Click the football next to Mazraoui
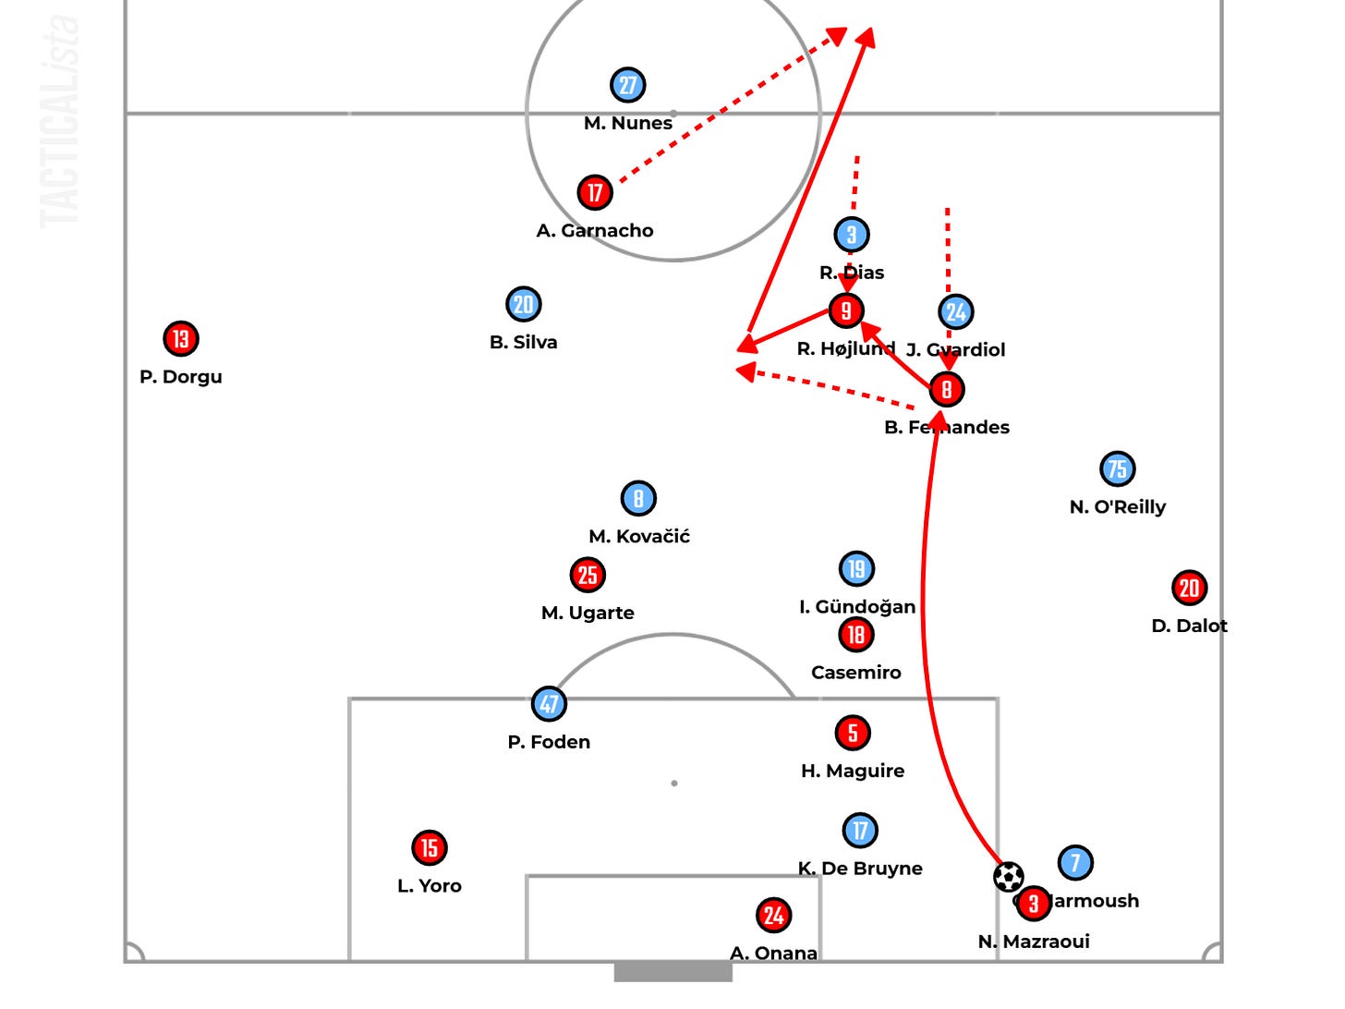[x=1009, y=876]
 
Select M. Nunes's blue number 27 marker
[x=628, y=85]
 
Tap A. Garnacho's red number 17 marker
[x=595, y=192]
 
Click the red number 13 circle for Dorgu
[x=181, y=339]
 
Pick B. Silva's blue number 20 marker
[x=524, y=304]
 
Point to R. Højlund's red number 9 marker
[x=846, y=311]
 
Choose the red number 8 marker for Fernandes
[x=947, y=389]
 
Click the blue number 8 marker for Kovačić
[x=638, y=498]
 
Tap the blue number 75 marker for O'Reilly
[x=1118, y=469]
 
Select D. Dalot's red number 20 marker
[x=1190, y=588]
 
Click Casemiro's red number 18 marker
[x=856, y=634]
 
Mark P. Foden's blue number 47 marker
[x=550, y=704]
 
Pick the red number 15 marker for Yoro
[x=430, y=847]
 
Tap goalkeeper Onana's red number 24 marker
[x=774, y=915]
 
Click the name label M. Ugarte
[x=588, y=613]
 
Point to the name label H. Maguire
[x=853, y=771]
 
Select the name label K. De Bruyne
[x=860, y=869]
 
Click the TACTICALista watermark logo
[x=60, y=120]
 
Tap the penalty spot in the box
[x=674, y=784]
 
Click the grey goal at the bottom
[x=673, y=972]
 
